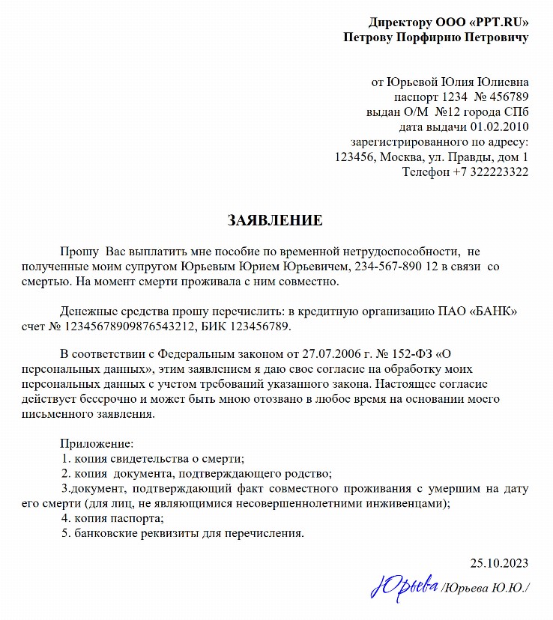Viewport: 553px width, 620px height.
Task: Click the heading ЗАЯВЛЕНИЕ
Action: [275, 220]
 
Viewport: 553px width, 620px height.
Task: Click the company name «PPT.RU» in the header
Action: [493, 22]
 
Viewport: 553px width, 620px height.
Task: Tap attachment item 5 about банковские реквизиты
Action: [183, 533]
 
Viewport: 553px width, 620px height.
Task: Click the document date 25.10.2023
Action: [499, 563]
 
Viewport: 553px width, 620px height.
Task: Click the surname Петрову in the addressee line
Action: [371, 37]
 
